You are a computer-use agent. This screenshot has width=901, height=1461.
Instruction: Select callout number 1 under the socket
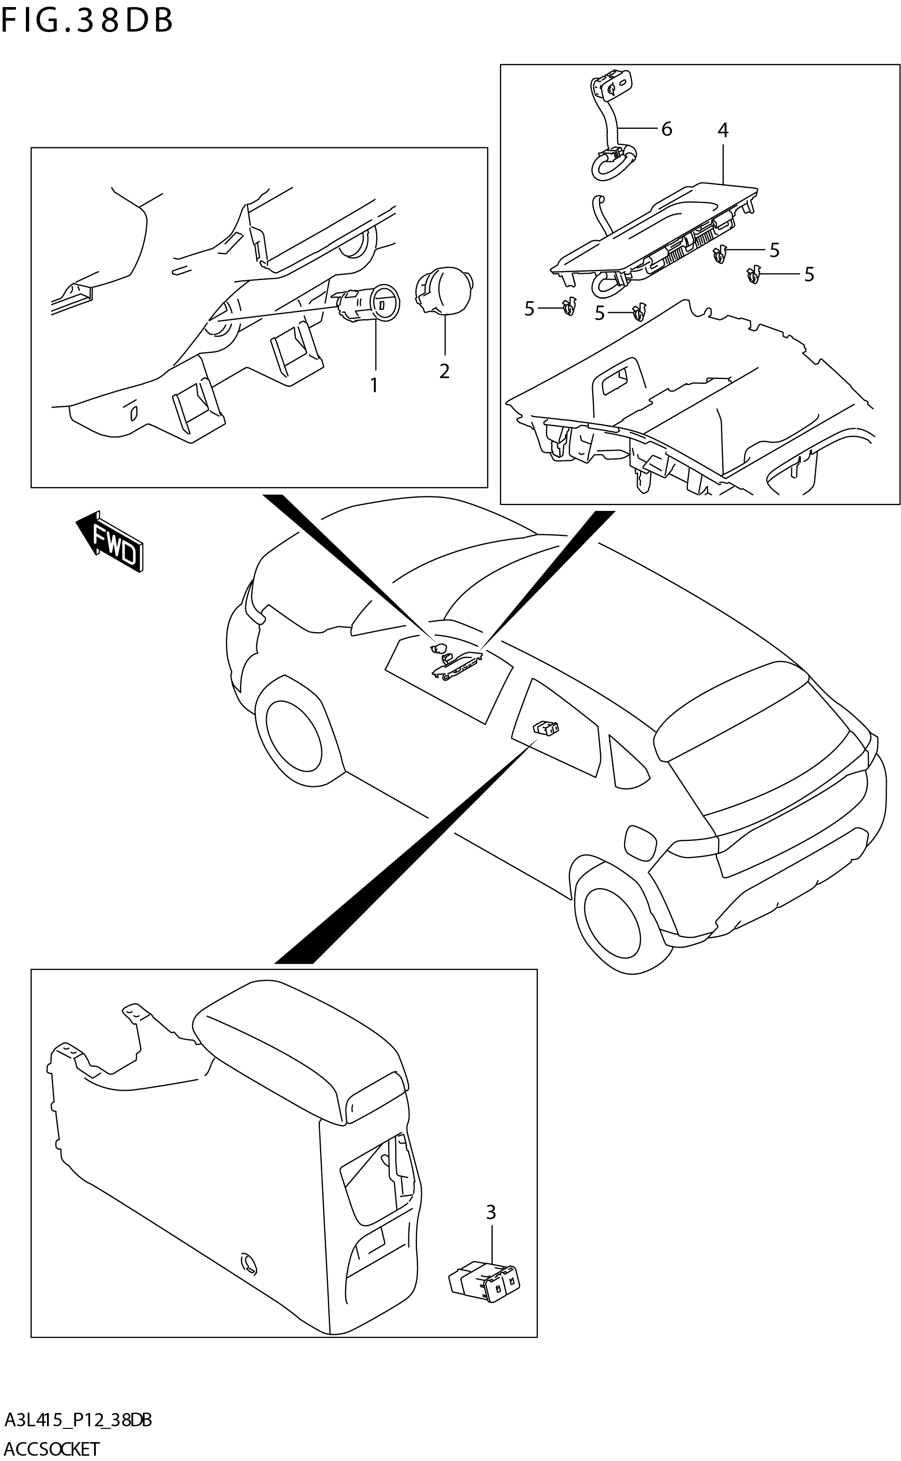[x=374, y=386]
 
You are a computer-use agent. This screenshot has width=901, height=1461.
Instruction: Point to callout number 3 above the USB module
[x=491, y=1212]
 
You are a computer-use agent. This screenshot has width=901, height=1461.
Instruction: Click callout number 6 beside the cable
[x=666, y=129]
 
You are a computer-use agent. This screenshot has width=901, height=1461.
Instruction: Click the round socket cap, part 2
[x=444, y=289]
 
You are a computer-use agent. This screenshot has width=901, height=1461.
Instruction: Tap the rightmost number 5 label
[x=809, y=274]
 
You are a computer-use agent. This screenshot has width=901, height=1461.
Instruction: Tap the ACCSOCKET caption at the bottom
[x=52, y=1449]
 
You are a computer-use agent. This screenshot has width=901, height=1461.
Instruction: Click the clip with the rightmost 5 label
[x=754, y=275]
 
